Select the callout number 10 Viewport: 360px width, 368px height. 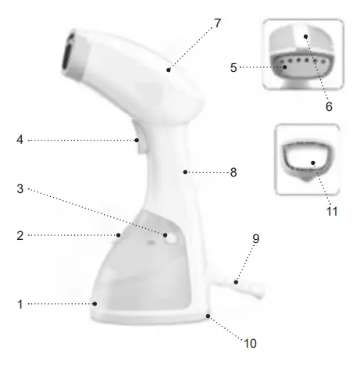point(250,342)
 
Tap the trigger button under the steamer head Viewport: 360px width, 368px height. point(137,143)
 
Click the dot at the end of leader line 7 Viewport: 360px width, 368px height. point(169,69)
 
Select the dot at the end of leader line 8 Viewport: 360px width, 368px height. point(186,171)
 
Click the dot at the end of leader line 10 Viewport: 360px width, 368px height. point(208,316)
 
